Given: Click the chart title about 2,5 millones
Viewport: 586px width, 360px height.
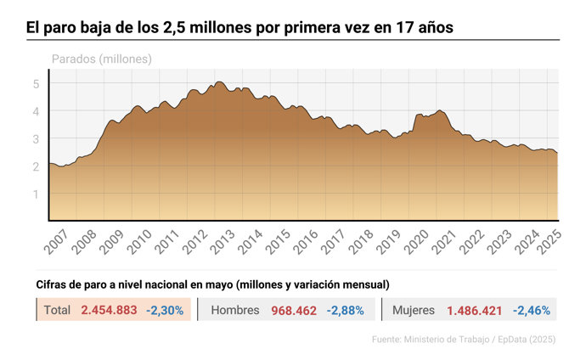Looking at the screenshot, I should coord(239,28).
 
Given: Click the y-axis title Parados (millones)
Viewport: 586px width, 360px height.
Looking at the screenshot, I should coord(102,59).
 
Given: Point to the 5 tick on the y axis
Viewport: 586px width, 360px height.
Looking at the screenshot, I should coord(36,83).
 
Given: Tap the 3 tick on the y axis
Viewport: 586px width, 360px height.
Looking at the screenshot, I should coord(36,138).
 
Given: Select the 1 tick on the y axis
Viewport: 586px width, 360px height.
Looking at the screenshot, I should coord(36,194).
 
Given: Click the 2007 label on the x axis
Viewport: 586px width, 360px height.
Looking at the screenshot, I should coord(55,242).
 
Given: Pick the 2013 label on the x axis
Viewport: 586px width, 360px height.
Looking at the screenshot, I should coord(223,242).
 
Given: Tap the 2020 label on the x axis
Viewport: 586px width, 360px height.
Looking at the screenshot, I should coord(417,242).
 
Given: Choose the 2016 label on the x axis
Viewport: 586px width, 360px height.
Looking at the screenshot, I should coord(306,242).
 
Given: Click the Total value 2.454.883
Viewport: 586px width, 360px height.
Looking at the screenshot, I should coord(109,311).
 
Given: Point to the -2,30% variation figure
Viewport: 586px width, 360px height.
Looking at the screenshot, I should coord(165,311).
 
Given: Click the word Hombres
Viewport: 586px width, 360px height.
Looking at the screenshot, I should coord(234,311).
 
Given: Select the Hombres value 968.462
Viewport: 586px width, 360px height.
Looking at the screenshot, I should coord(294,311).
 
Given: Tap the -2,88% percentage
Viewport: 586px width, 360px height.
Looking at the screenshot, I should coord(345,311).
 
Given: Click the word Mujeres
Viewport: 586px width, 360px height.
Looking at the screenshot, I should coord(414,311).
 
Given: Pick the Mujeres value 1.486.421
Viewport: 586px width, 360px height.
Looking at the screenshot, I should coord(478,311).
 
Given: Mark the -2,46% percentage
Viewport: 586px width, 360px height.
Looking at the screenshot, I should coord(532,311).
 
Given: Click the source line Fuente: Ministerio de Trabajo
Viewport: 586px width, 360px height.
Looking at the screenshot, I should coord(463,340).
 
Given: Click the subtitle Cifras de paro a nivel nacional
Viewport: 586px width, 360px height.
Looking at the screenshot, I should coord(212,284).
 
